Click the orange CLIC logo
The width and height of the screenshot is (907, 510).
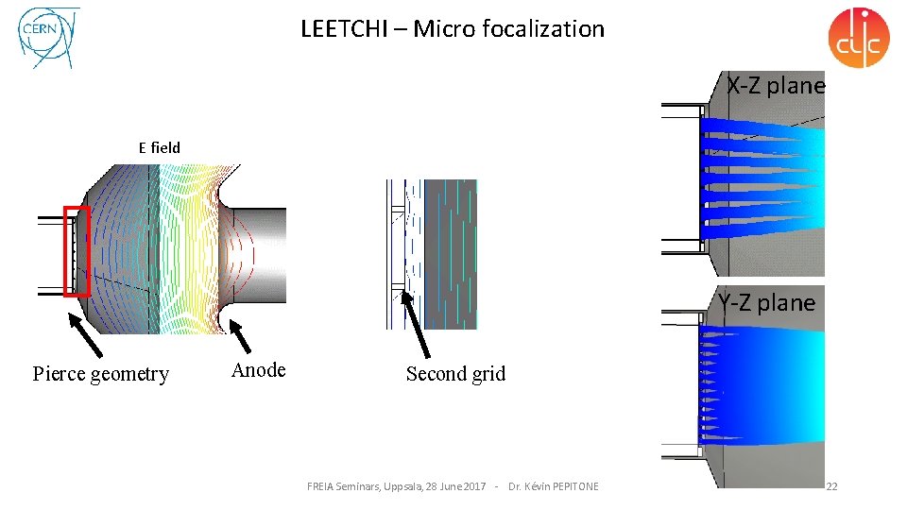coord(858,38)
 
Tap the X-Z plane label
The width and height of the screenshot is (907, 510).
coord(776,86)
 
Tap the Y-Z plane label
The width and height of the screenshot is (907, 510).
coord(766,302)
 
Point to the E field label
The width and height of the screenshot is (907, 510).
coord(159,147)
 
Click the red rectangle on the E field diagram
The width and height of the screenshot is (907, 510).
coord(76,250)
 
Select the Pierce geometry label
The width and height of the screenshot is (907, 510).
coord(101,374)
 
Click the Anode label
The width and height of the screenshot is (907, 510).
coord(258,370)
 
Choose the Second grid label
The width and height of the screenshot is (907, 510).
coord(455,374)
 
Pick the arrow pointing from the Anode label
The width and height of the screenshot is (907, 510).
coord(244,337)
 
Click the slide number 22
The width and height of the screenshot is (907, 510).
coord(831,486)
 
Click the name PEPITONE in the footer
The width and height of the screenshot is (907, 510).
coord(571,486)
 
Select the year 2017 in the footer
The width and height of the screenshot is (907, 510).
coord(474,486)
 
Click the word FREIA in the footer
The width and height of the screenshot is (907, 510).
coord(321,486)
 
